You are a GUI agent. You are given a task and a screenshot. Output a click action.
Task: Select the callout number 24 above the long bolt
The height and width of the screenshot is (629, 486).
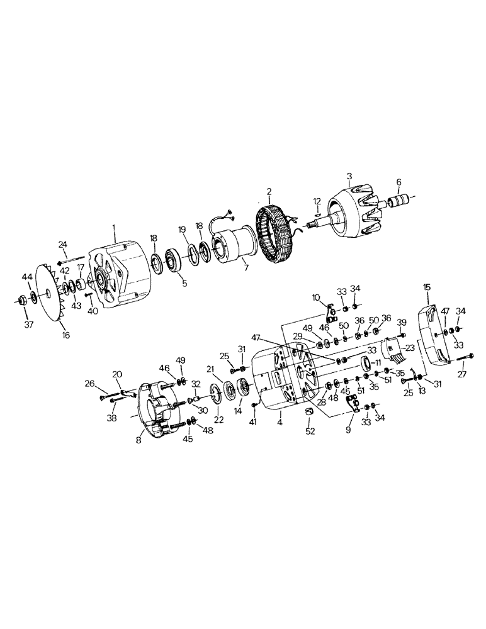pos(62,244)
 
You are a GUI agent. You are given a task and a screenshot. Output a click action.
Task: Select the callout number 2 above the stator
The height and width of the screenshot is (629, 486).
pos(269,191)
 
